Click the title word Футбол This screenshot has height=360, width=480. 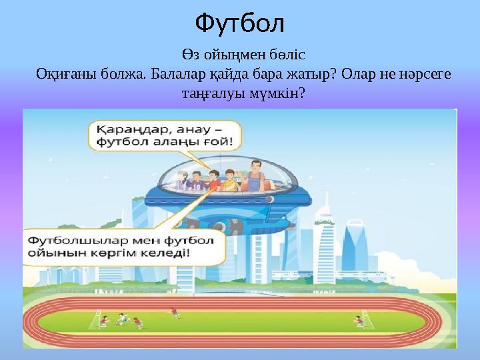240,24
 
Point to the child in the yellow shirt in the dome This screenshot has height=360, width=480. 230,181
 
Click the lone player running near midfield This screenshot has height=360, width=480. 174,312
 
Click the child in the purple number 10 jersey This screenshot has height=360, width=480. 197,181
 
